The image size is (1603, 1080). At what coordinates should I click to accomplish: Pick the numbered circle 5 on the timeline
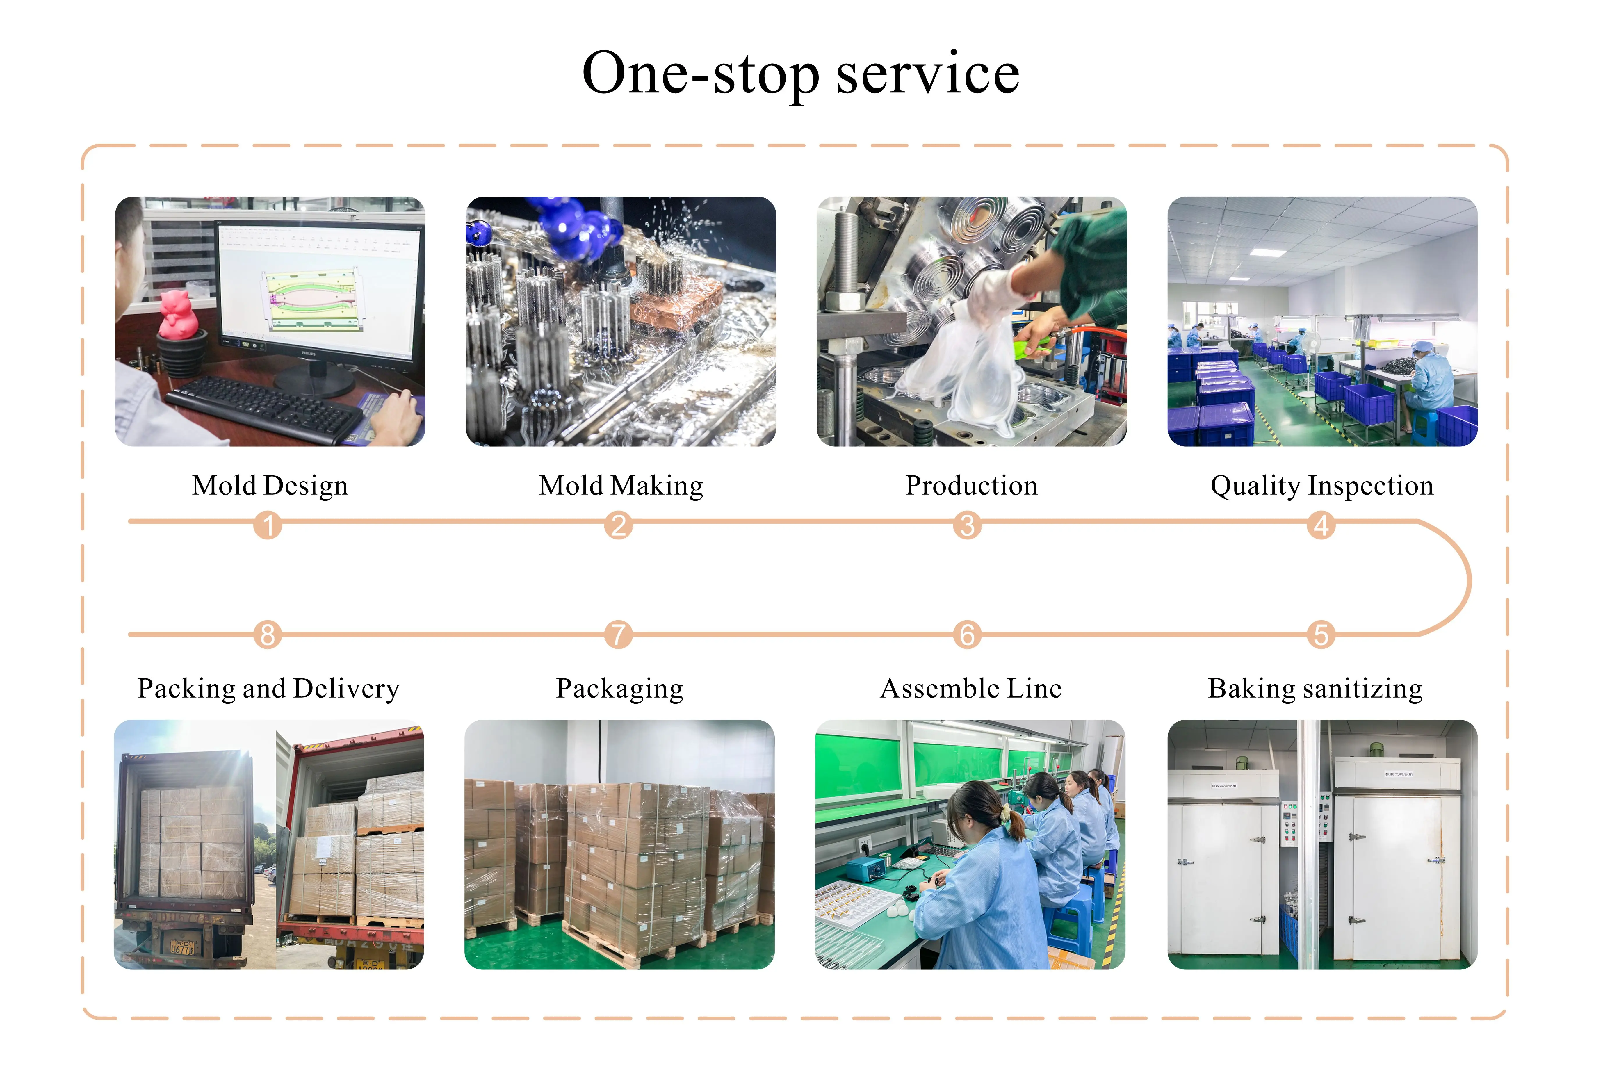pyautogui.click(x=1321, y=635)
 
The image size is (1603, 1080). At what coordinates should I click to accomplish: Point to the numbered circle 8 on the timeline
pyautogui.click(x=268, y=635)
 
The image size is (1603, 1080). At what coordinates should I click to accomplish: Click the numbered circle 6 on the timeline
pyautogui.click(x=967, y=635)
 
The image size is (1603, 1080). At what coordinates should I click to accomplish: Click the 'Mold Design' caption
pyautogui.click(x=270, y=486)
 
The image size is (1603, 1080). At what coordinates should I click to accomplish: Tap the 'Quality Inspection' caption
pyautogui.click(x=1321, y=486)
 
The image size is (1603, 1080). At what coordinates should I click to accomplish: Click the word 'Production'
pyautogui.click(x=971, y=486)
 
